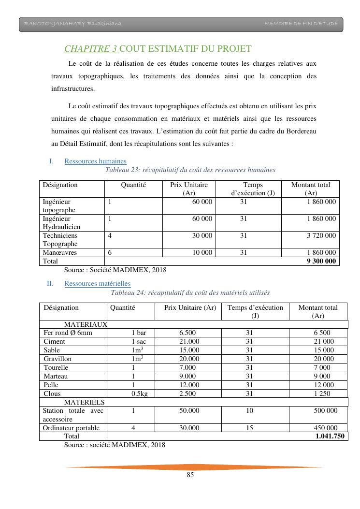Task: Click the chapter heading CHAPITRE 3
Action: (x=91, y=49)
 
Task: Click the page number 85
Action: (x=190, y=475)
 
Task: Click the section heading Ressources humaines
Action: (x=95, y=161)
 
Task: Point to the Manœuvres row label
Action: (x=60, y=252)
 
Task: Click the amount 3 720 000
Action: (x=321, y=235)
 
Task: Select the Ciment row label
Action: (x=54, y=341)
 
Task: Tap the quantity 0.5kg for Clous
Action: (x=140, y=393)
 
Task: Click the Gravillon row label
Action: (x=58, y=359)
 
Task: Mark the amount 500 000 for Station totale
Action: (x=324, y=410)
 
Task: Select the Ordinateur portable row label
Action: (x=71, y=428)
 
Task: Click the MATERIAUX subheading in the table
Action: (x=86, y=324)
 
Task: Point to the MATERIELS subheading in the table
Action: (x=84, y=402)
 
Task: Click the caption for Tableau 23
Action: (x=190, y=170)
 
